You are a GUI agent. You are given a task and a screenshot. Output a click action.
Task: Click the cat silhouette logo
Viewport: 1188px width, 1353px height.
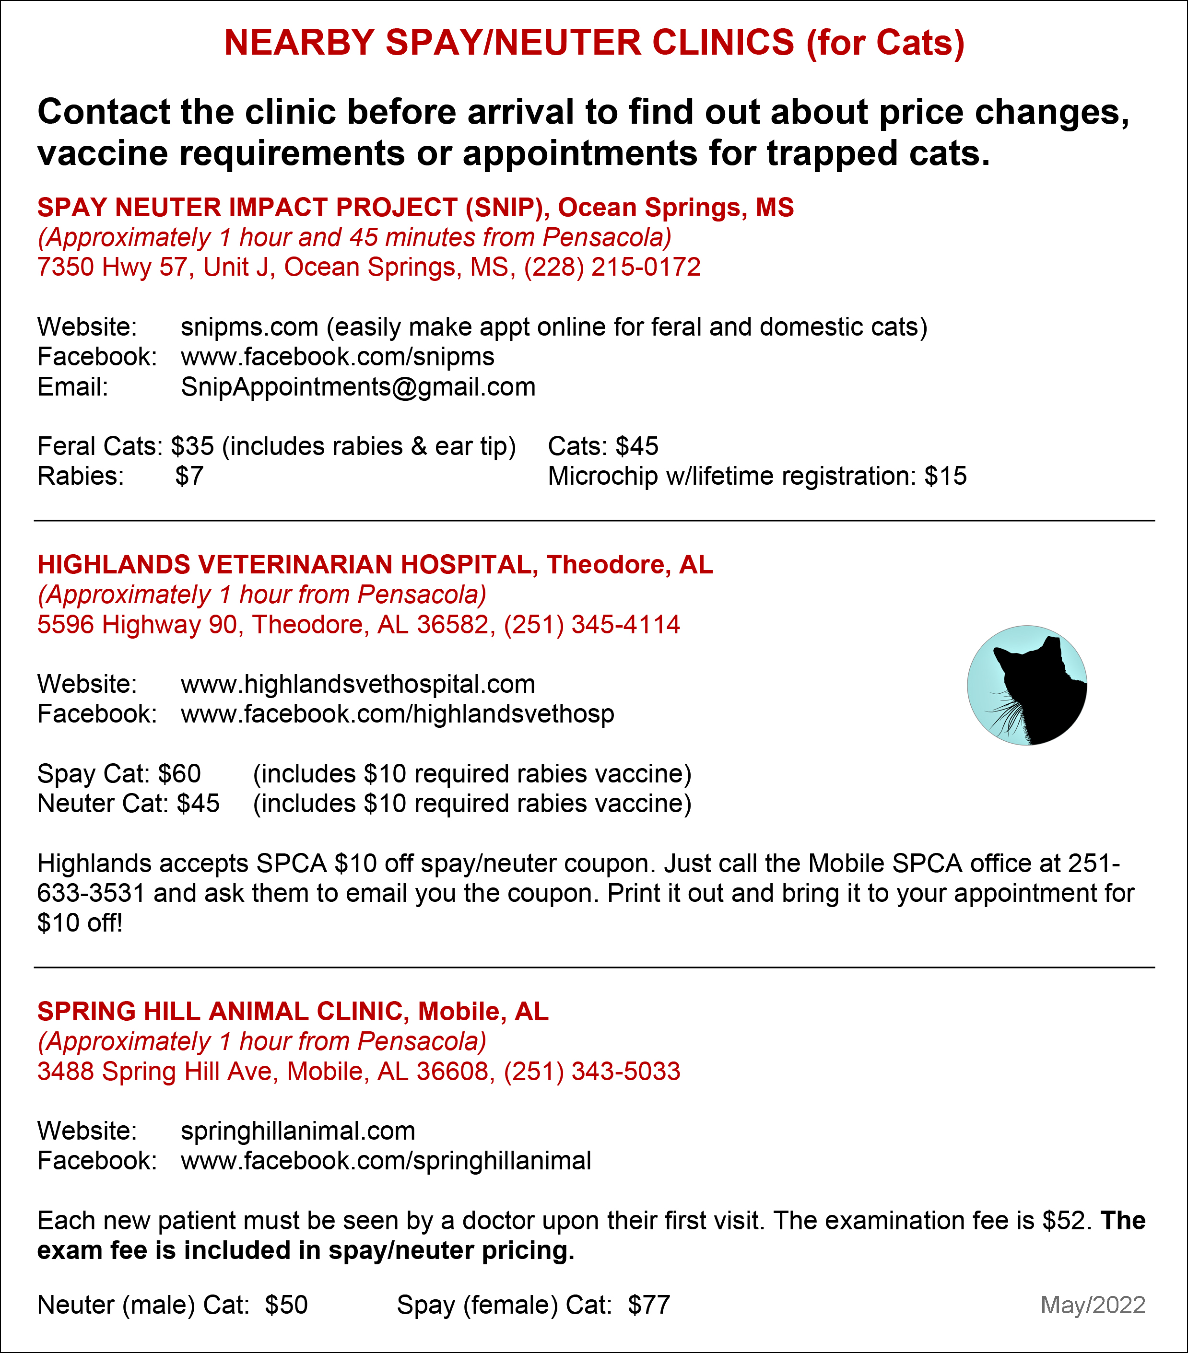point(1026,685)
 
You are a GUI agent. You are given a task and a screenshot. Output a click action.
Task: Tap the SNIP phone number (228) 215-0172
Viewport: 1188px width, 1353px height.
point(612,268)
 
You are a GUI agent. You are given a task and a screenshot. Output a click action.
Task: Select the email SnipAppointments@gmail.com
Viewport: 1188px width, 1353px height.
point(358,387)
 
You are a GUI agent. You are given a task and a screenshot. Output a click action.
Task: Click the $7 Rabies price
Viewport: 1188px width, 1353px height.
point(189,477)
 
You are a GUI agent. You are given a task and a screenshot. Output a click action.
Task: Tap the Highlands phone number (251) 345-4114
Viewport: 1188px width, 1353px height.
point(591,625)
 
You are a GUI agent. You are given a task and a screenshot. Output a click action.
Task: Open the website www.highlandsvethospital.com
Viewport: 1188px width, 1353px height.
point(358,685)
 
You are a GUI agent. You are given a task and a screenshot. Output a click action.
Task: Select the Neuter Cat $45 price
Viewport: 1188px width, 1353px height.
point(198,804)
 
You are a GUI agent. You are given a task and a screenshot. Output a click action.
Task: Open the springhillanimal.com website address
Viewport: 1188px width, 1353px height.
point(298,1131)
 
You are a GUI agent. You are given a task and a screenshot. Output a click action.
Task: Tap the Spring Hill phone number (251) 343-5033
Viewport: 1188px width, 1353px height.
point(592,1072)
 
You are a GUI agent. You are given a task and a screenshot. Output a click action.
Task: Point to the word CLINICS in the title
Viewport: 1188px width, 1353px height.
point(723,43)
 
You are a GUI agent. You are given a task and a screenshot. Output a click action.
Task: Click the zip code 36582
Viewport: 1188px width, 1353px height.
point(452,625)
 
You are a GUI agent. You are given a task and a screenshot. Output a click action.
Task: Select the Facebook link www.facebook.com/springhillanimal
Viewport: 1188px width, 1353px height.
point(386,1161)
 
